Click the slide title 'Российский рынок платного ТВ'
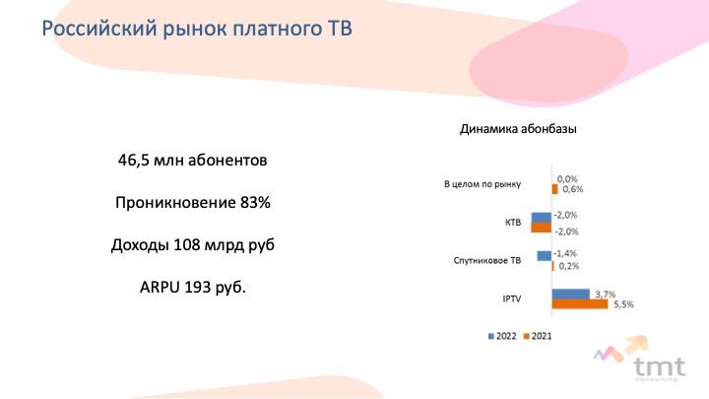[x=197, y=29]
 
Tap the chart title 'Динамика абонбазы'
[x=518, y=129]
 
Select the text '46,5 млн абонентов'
[x=193, y=161]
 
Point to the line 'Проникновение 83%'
[x=193, y=202]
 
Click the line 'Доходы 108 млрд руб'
[x=193, y=244]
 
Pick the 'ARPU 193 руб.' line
[x=193, y=288]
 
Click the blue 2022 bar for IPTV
[x=570, y=294]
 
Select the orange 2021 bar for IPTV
[x=580, y=304]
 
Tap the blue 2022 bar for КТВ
[x=542, y=218]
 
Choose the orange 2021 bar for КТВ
[x=542, y=228]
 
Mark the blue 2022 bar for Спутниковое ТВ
[x=545, y=255]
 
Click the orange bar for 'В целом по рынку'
[x=554, y=189]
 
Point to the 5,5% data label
[x=623, y=304]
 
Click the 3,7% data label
[x=606, y=294]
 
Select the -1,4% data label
[x=565, y=253]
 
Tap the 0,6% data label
[x=573, y=189]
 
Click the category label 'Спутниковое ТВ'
[x=487, y=260]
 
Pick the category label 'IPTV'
[x=512, y=299]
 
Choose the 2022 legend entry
[x=502, y=336]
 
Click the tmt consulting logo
[x=641, y=360]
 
